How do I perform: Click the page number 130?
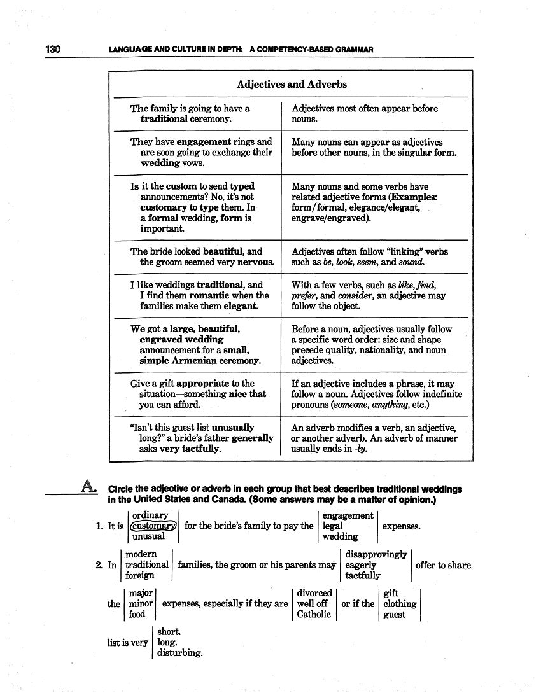pos(52,49)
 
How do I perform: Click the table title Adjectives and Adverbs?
pos(292,84)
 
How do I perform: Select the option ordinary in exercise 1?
pos(150,515)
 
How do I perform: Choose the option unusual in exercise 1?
pos(148,536)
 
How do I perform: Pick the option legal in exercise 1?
pos(332,526)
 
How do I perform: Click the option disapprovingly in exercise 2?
pos(376,554)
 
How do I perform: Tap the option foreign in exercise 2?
pos(139,575)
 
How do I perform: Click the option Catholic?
pos(314,614)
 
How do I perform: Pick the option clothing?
pos(400,604)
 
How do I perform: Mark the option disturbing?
pos(179,653)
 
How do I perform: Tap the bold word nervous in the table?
pos(256,262)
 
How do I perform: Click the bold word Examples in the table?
pos(413,197)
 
